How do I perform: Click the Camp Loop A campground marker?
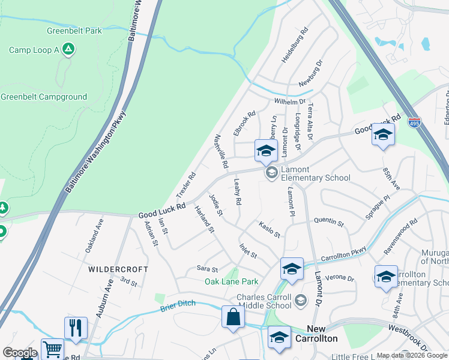68,50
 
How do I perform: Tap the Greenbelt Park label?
74,31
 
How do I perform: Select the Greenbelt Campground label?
44,97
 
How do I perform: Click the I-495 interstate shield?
414,122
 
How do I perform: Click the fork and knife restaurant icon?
75,328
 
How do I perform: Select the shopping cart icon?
52,349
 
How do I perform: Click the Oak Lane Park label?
232,281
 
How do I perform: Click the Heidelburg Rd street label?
295,45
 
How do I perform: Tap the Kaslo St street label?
270,229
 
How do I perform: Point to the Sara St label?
207,269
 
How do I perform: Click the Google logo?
19,353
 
